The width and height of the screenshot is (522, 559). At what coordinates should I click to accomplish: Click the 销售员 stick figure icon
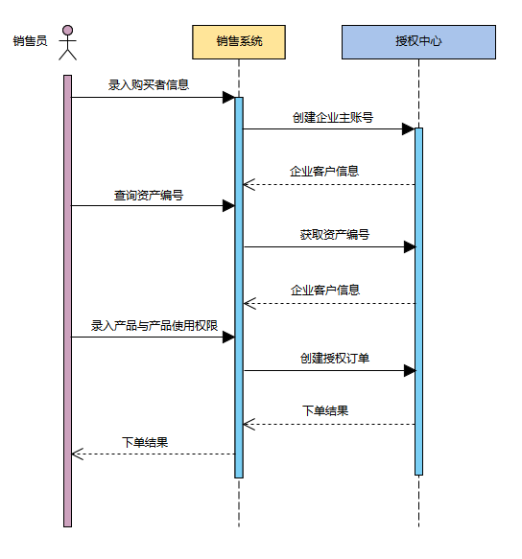pyautogui.click(x=67, y=42)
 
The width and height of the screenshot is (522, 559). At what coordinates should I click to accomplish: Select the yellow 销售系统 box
pyautogui.click(x=239, y=42)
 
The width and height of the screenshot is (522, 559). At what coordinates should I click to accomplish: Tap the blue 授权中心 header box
pyautogui.click(x=418, y=42)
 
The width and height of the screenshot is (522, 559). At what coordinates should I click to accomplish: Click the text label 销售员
pyautogui.click(x=31, y=41)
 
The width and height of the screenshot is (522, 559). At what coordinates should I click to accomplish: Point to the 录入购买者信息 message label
pyautogui.click(x=149, y=84)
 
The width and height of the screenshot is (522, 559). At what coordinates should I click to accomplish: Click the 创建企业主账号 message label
pyautogui.click(x=333, y=117)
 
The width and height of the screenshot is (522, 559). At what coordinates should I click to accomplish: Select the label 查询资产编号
pyautogui.click(x=149, y=195)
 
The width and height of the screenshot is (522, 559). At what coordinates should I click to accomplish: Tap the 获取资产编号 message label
pyautogui.click(x=334, y=235)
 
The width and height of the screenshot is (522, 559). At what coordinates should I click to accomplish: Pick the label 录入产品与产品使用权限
pyautogui.click(x=154, y=325)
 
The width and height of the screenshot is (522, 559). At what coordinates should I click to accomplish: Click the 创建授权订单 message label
pyautogui.click(x=334, y=358)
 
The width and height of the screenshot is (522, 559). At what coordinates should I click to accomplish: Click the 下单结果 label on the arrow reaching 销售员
pyautogui.click(x=145, y=442)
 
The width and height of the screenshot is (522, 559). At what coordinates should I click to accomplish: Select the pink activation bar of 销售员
pyautogui.click(x=67, y=301)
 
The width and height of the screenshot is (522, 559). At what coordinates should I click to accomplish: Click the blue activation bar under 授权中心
pyautogui.click(x=418, y=302)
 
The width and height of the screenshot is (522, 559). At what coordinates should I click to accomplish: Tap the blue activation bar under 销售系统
pyautogui.click(x=239, y=288)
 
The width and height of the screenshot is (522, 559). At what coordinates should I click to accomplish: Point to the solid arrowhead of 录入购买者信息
pyautogui.click(x=228, y=98)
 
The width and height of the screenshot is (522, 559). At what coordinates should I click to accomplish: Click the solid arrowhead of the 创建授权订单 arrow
pyautogui.click(x=410, y=371)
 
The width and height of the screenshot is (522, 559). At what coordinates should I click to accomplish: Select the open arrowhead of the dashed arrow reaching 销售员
pyautogui.click(x=77, y=454)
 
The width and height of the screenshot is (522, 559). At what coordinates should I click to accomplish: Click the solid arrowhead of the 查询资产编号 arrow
pyautogui.click(x=228, y=206)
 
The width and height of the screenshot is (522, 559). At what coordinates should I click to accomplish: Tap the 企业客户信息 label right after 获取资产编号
pyautogui.click(x=325, y=291)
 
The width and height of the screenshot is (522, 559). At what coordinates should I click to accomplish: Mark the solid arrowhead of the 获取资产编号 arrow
pyautogui.click(x=410, y=246)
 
